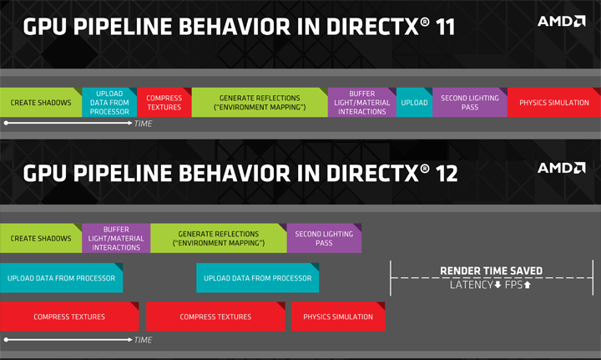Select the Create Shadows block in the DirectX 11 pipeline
[40, 103]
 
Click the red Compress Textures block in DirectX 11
[164, 103]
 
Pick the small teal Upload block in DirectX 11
[414, 103]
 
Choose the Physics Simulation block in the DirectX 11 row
[553, 103]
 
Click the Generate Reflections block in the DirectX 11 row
[260, 103]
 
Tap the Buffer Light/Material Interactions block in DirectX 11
[361, 103]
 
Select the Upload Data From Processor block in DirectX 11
[109, 103]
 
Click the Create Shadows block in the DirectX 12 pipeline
[41, 238]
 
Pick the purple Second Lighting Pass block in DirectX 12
[324, 238]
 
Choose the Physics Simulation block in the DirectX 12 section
[338, 317]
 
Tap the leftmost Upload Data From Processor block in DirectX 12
[61, 278]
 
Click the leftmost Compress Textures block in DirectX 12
[69, 317]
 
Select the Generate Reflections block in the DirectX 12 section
[218, 238]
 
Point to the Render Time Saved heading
[492, 271]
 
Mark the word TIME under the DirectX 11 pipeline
[144, 124]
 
